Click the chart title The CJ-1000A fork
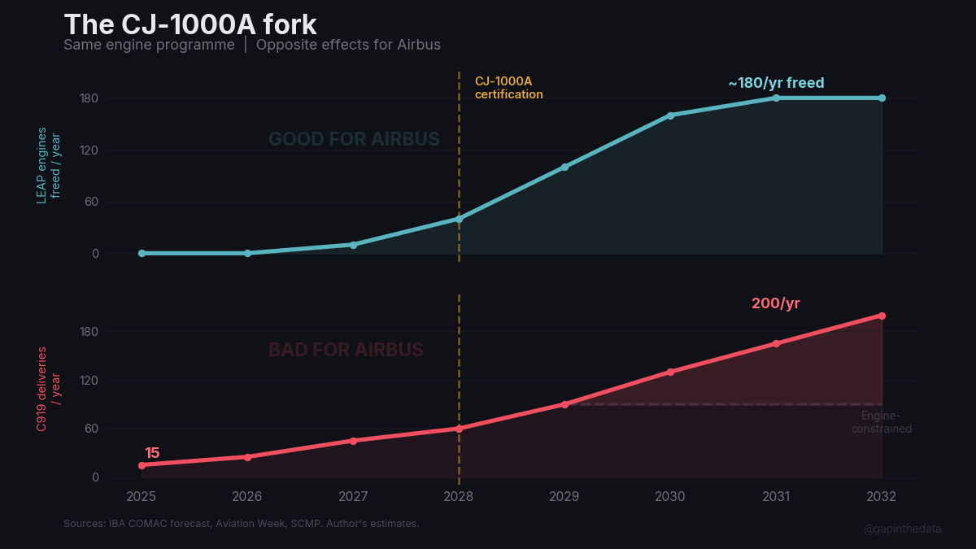pos(190,24)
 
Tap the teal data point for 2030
pos(670,115)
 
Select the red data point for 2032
pos(882,316)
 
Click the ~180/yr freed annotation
pos(776,83)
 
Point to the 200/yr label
pos(775,303)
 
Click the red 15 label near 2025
pos(152,453)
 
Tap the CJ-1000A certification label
pos(509,88)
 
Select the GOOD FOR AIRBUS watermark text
pos(354,140)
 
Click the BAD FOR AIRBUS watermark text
pos(346,350)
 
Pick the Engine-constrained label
pos(882,422)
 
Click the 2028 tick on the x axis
pos(459,496)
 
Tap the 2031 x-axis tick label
pos(776,496)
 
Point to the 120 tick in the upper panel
pos(89,150)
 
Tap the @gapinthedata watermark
pos(902,529)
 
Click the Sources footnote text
pos(241,523)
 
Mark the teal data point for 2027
pos(353,245)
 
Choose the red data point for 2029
pos(564,404)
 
